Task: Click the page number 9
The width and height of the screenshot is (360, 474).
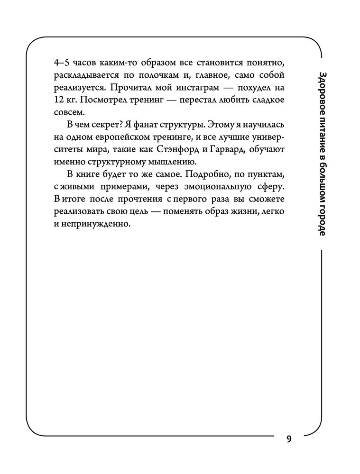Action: tap(289, 438)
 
